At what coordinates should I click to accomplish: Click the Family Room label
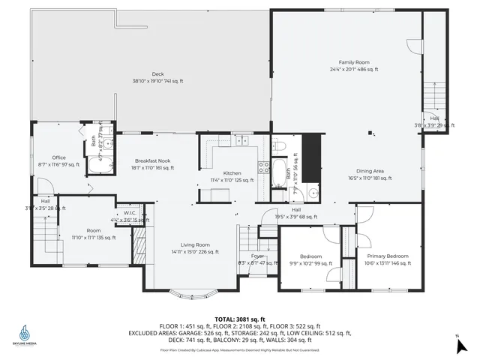354,62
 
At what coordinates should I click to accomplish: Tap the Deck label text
157,73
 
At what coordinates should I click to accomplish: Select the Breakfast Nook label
154,160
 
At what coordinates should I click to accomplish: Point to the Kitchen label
232,173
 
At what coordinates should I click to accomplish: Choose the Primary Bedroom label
388,256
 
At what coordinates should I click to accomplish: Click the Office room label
58,157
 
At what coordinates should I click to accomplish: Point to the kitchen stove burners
264,167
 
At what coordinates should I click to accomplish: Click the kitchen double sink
242,139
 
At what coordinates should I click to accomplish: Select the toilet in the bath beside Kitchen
278,145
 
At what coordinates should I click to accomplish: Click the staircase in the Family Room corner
434,97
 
